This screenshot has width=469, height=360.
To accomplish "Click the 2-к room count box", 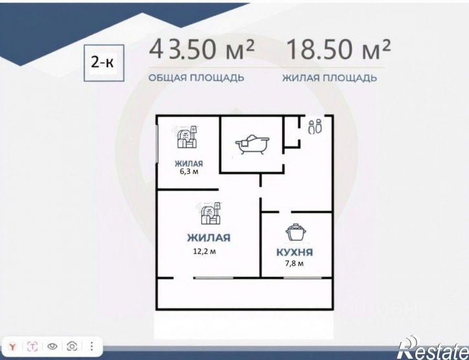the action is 104,63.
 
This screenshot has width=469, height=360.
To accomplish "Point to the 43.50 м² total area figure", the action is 202,49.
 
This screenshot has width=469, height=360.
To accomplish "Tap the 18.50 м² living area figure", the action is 338,49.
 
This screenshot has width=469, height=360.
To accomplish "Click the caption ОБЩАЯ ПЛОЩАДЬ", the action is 196,78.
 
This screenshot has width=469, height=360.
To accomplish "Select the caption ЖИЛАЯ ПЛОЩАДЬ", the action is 329,78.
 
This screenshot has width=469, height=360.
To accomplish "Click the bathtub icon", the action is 252,144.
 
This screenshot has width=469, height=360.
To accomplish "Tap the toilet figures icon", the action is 316,127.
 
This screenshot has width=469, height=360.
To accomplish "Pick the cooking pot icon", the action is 296,232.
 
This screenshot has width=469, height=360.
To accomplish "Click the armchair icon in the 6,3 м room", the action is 187,137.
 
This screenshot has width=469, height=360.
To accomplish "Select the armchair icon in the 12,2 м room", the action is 211,213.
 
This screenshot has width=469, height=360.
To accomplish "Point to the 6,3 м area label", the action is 189,171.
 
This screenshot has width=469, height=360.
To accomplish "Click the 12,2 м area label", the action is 204,251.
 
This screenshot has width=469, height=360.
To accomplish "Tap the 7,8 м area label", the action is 294,263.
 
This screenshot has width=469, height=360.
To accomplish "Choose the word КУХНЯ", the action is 294,252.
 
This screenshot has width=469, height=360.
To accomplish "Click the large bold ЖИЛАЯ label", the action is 209,238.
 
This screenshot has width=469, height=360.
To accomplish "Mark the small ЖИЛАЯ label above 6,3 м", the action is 189,164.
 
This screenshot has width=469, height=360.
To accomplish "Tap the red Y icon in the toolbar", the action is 12,346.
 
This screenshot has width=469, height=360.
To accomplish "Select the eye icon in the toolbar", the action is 52,346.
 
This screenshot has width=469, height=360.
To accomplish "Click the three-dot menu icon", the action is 91,346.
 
